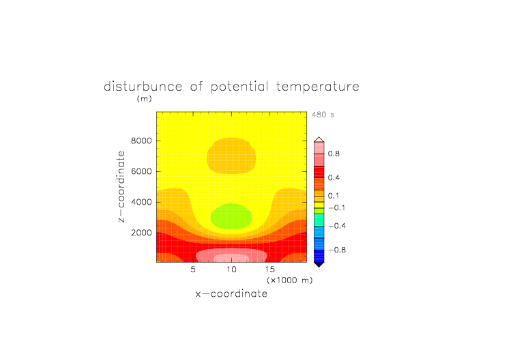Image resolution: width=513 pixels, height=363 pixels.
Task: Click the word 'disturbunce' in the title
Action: pos(143,87)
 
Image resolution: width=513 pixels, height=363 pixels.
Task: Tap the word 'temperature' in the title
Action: pos(318,87)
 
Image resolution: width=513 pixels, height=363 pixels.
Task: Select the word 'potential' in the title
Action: pos(239,87)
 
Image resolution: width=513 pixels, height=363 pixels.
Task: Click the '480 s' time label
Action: pos(323,115)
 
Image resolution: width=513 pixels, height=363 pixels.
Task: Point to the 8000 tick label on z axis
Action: pos(141,141)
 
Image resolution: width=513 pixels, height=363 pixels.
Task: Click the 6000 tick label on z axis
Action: pos(141,171)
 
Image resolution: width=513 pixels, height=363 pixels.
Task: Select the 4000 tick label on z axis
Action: pos(141,202)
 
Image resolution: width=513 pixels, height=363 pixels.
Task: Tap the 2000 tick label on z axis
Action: pos(141,233)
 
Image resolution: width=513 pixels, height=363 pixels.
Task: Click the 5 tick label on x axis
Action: pos(193,270)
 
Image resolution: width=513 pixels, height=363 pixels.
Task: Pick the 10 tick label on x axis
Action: pos(231,270)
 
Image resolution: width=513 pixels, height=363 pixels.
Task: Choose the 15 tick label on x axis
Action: pos(269,270)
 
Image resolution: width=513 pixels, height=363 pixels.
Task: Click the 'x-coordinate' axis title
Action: pos(231,293)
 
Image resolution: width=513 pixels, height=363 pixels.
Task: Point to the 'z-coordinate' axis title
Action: pos(121,187)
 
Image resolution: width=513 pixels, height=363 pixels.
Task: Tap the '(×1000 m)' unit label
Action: pos(289,280)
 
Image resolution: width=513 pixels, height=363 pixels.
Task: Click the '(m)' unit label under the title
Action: pos(145,98)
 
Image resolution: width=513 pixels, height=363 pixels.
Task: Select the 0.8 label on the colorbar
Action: pos(334,154)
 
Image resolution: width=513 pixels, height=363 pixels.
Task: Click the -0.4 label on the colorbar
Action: pos(337,226)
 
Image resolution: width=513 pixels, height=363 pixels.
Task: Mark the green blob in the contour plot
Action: pos(231,216)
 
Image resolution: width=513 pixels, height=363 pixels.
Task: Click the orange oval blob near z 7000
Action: pos(231,156)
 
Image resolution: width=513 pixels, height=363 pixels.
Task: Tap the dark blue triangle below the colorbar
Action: pos(319,264)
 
